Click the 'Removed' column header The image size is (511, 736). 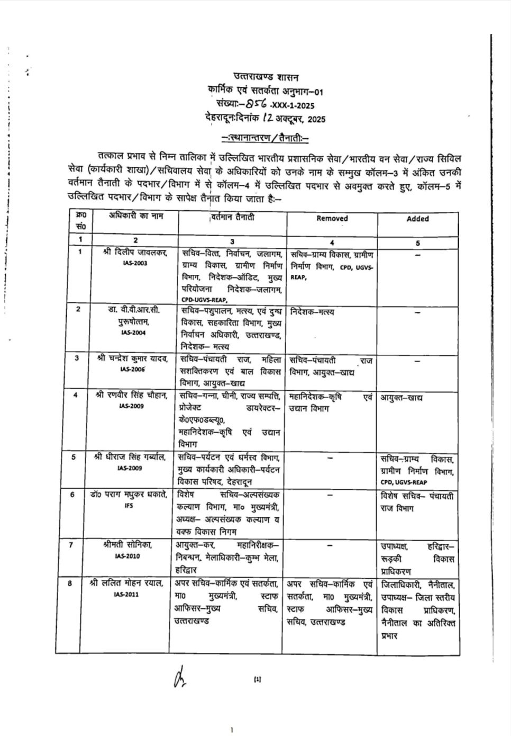pyautogui.click(x=332, y=218)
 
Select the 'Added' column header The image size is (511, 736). pyautogui.click(x=417, y=219)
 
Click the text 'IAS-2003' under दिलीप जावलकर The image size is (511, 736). pyautogui.click(x=133, y=263)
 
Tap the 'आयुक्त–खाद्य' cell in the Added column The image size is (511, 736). pyautogui.click(x=401, y=397)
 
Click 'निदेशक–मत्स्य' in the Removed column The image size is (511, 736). pyautogui.click(x=313, y=312)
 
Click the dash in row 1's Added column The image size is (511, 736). pyautogui.click(x=417, y=255)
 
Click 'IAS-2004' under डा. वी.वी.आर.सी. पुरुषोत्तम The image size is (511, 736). pyautogui.click(x=133, y=333)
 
